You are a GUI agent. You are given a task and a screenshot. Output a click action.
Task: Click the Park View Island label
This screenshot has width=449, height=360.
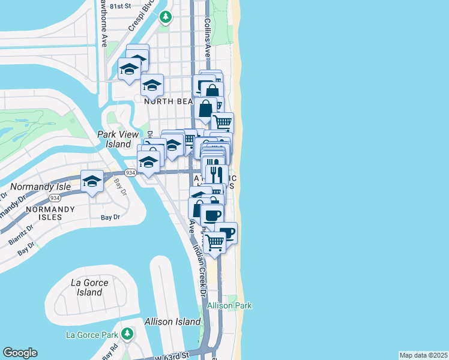click(x=115, y=139)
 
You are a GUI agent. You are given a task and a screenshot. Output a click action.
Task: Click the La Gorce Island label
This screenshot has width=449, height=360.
click(x=89, y=287)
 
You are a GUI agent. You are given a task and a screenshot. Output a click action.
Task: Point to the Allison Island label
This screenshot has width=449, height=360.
click(x=171, y=322)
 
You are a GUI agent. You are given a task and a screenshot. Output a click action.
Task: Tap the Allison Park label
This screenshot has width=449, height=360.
click(x=229, y=305)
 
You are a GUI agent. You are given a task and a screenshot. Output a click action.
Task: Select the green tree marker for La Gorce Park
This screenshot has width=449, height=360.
click(x=127, y=333)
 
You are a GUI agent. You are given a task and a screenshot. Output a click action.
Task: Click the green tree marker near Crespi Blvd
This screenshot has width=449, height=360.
click(x=166, y=18)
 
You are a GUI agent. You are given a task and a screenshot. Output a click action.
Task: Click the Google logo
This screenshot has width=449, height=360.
click(x=20, y=353)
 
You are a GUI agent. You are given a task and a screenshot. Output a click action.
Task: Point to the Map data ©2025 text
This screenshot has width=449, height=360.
click(x=423, y=355)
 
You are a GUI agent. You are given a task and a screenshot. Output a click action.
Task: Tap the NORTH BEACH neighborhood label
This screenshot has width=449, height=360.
click(x=167, y=101)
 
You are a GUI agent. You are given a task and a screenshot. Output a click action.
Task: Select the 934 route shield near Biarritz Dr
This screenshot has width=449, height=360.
click(x=55, y=197)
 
